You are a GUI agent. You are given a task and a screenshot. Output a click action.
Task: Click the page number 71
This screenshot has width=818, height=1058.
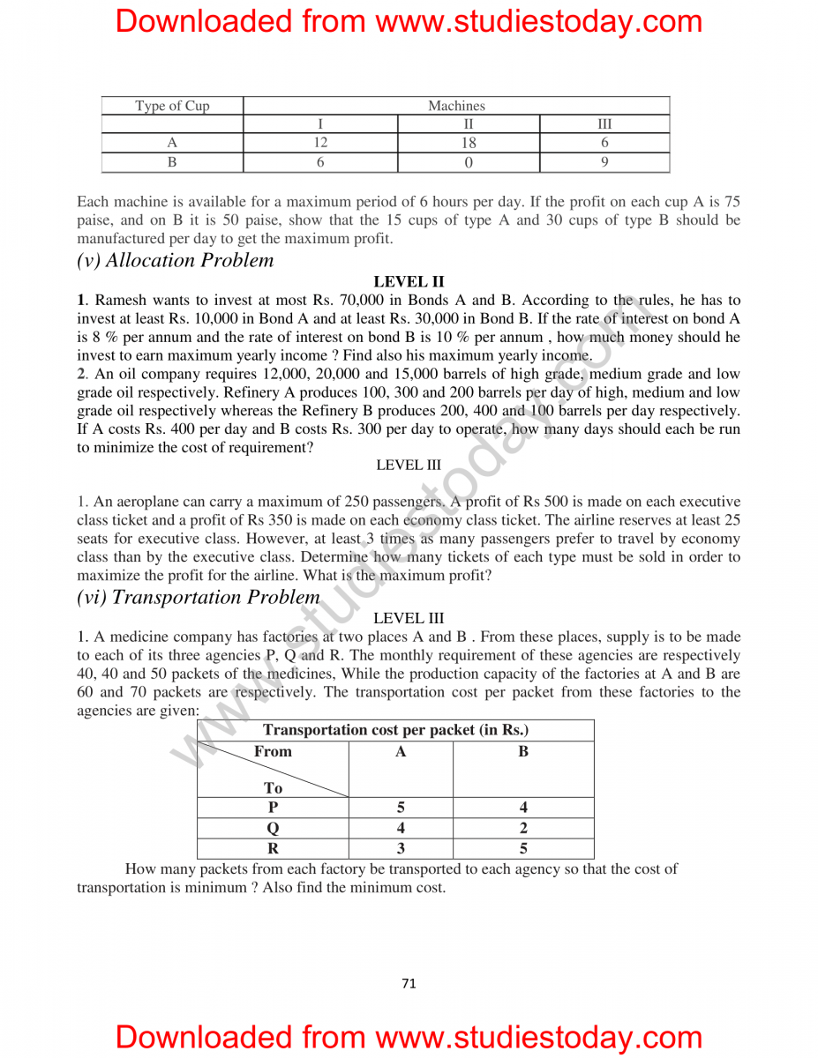point(409,983)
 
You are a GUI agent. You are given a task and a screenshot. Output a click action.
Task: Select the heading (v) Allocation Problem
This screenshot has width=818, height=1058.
point(176,260)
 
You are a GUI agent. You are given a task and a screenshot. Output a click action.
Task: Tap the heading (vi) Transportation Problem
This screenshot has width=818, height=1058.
point(199,597)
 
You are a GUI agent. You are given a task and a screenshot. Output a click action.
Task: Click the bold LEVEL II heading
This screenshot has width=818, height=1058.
point(409,282)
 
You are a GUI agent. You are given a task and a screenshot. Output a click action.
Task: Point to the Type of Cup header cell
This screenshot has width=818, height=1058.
point(172,106)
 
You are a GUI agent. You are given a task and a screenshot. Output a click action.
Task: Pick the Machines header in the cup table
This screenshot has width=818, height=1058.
point(456,106)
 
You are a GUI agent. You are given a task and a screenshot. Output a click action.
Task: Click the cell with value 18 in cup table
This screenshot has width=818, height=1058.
point(469,143)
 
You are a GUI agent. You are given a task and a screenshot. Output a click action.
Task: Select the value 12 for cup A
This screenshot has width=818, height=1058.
point(320,143)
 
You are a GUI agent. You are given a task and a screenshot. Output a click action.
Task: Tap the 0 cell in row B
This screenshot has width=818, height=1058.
point(469,162)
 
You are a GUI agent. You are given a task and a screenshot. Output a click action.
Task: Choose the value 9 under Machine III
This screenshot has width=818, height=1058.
point(604,162)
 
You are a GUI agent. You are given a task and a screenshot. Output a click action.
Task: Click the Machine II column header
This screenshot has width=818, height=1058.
point(469,124)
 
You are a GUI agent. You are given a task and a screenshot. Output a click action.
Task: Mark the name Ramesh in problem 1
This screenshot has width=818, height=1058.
point(122,301)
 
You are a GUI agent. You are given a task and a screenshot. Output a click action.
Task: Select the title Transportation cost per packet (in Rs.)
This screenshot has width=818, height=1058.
point(395,730)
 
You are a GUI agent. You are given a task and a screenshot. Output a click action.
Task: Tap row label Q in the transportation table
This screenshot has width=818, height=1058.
point(273,828)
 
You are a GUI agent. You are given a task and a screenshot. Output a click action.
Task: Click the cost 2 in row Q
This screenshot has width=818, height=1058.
point(523,828)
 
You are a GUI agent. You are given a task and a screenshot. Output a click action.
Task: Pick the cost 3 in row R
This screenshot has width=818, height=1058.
point(401,849)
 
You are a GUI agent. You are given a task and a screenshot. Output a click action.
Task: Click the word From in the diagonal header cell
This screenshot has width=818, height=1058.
point(273,751)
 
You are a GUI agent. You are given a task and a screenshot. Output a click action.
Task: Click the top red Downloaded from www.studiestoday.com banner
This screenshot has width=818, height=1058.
point(409,21)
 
